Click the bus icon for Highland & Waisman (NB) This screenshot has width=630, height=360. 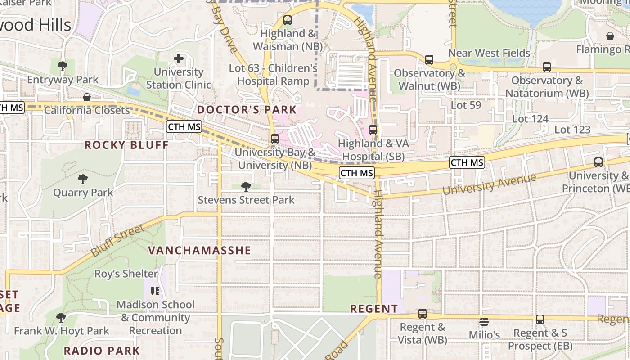(x=288, y=20)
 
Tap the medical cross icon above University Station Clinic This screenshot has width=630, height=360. (x=179, y=58)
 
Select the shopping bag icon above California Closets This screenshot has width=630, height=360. (x=87, y=97)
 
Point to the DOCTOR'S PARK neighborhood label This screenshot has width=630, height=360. (x=247, y=110)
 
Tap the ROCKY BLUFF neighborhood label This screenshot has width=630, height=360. (x=126, y=145)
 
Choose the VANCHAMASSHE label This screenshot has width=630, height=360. (x=199, y=250)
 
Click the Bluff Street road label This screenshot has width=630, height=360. (x=118, y=241)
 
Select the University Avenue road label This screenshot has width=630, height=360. (x=489, y=184)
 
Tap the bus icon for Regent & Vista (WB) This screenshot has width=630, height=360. (x=423, y=314)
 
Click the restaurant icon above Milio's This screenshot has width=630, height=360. (x=484, y=322)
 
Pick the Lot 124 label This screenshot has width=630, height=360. (x=531, y=119)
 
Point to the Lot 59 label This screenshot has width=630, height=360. (x=466, y=105)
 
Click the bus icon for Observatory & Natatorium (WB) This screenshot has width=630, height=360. (x=547, y=67)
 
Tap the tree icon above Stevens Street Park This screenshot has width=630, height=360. (x=246, y=186)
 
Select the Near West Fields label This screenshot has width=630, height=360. (x=489, y=53)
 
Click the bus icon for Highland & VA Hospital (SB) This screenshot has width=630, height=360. (x=373, y=130)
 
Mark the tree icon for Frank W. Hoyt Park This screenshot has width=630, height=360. (x=61, y=318)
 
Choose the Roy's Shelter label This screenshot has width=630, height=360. (x=126, y=274)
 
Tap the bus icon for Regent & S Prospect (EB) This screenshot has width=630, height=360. (x=540, y=319)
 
